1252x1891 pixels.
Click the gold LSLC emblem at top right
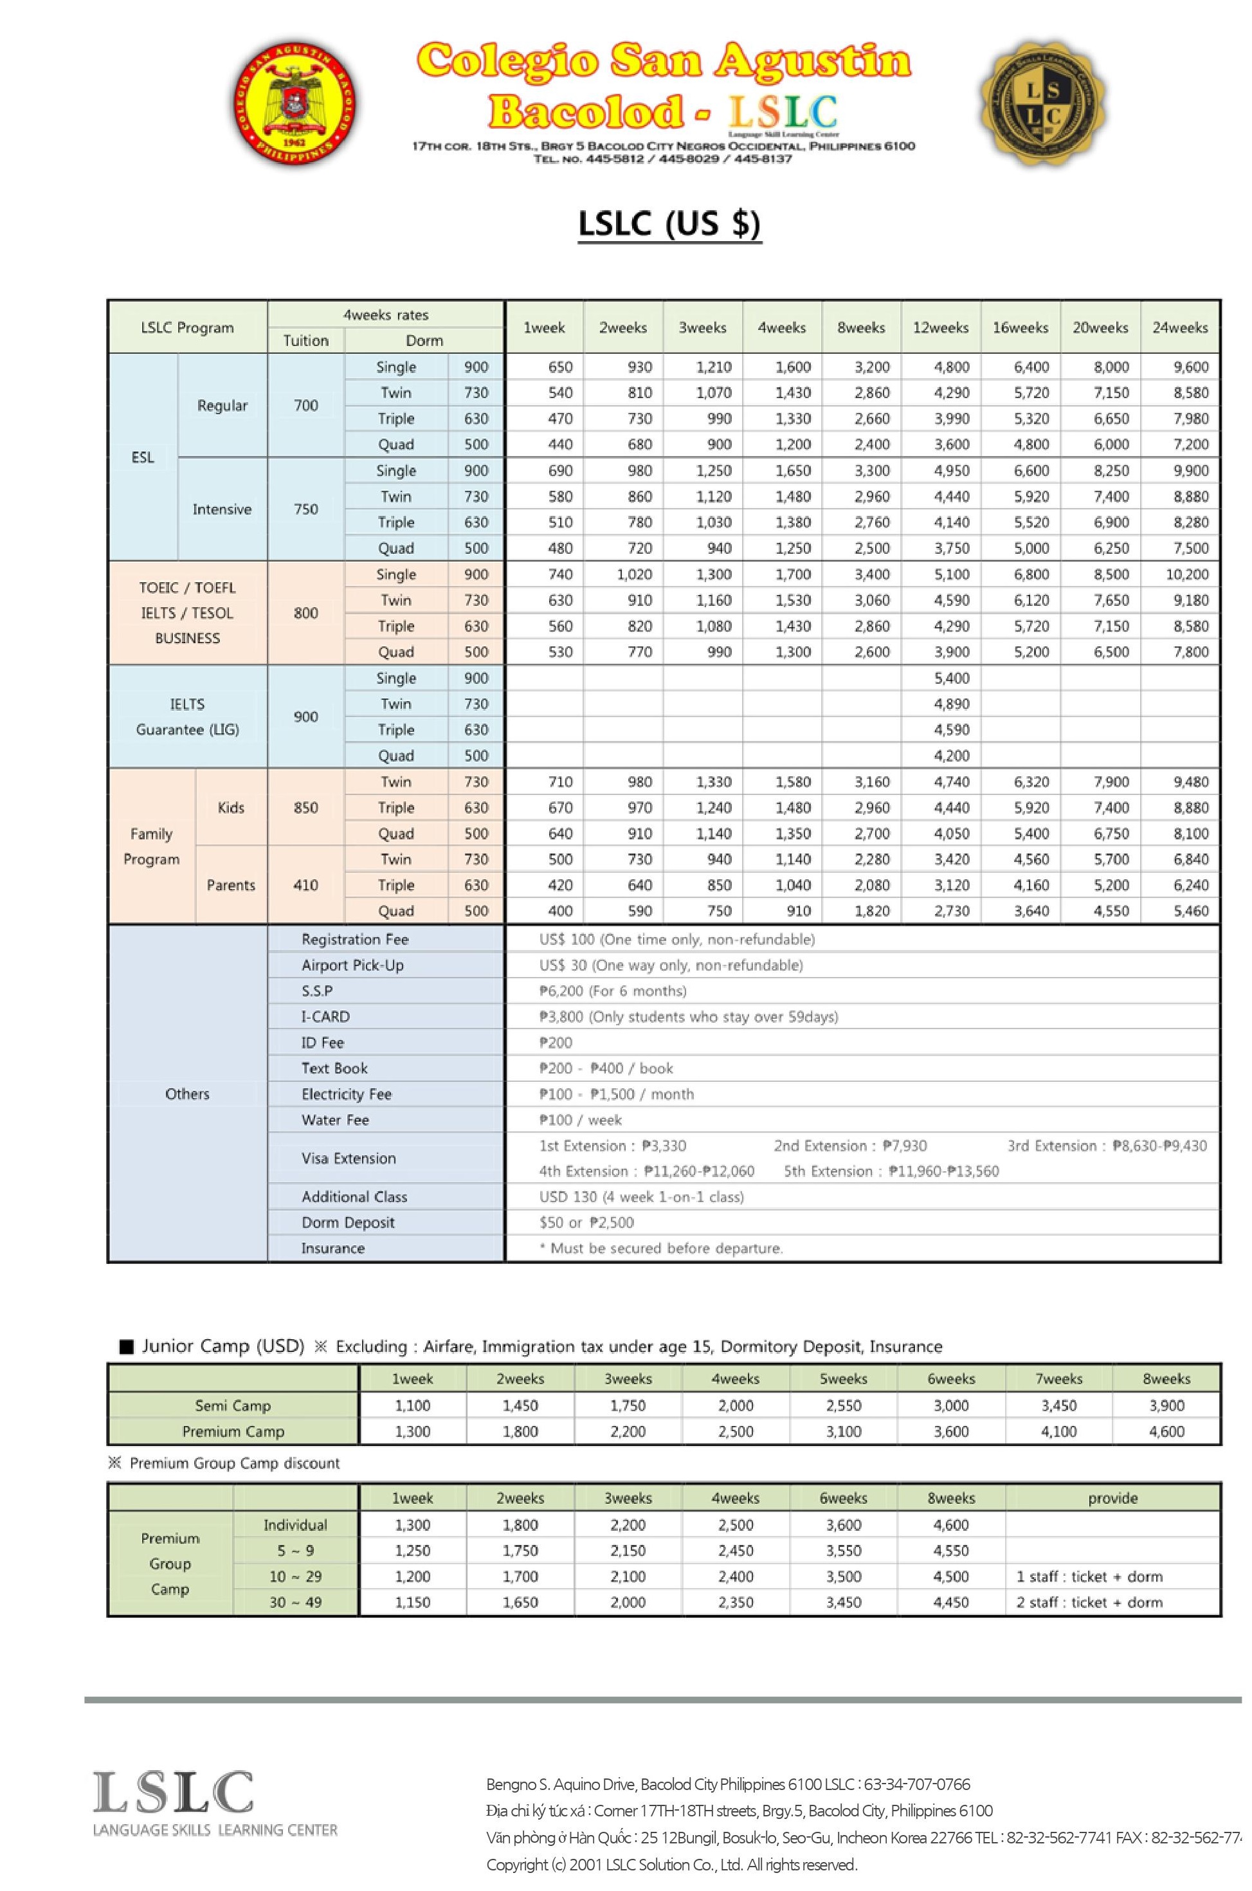click(x=1043, y=105)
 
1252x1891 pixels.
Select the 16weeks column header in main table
click(x=1020, y=327)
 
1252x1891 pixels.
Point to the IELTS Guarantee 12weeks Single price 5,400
click(x=952, y=678)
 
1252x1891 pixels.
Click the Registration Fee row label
click(x=354, y=939)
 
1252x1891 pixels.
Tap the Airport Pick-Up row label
click(x=352, y=965)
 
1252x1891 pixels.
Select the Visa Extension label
click(x=348, y=1158)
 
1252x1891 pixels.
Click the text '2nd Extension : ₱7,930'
click(x=849, y=1146)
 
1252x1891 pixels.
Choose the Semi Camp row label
click(x=232, y=1405)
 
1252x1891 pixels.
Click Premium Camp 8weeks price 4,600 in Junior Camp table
click(x=1166, y=1431)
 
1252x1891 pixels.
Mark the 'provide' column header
click(x=1112, y=1498)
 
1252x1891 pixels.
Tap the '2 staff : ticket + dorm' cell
click(x=1089, y=1602)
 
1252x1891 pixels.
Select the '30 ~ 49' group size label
click(x=295, y=1602)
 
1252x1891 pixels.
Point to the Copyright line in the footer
click(x=671, y=1865)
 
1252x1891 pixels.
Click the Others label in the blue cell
click(x=187, y=1094)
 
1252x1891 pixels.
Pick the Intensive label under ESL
click(x=222, y=509)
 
